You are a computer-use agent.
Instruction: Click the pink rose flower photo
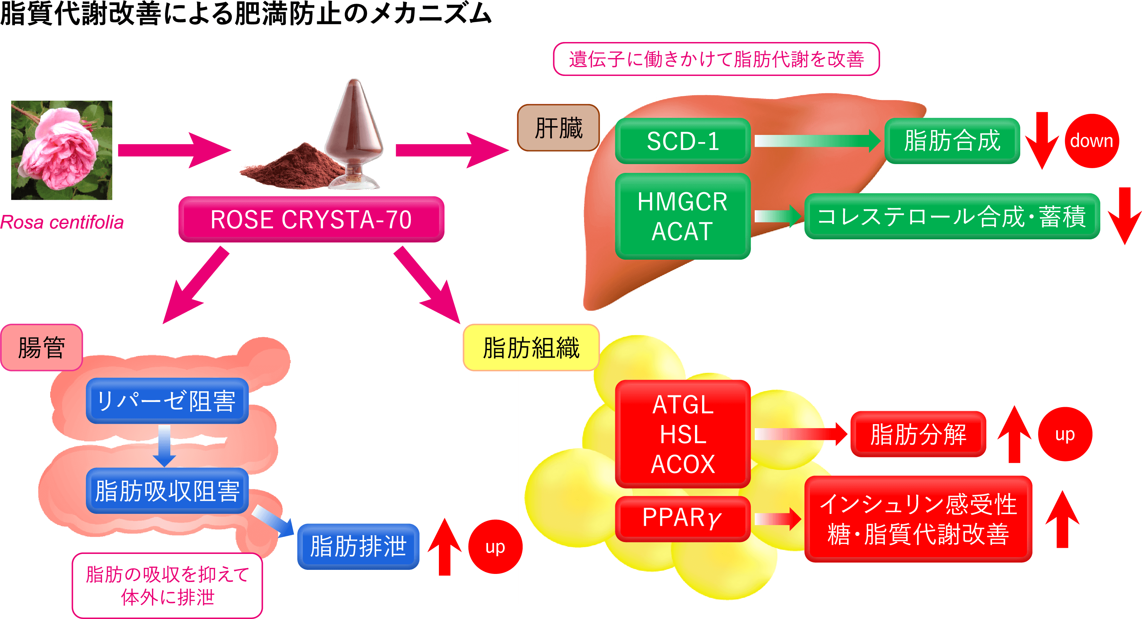(62, 150)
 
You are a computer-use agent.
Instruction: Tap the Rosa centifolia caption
(62, 222)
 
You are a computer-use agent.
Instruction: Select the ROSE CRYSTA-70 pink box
(311, 219)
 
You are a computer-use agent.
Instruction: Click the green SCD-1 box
(683, 141)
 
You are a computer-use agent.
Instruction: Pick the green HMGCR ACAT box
(683, 216)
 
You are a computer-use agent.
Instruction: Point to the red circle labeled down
(1091, 141)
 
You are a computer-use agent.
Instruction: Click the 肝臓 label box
(558, 128)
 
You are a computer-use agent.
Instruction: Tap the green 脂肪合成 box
(952, 141)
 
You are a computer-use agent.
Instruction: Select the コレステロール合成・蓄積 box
(952, 216)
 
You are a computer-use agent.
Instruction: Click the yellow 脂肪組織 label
(531, 347)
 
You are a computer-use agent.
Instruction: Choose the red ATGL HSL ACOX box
(683, 434)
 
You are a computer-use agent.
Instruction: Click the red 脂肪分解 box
(918, 434)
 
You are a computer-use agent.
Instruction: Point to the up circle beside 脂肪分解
(1065, 434)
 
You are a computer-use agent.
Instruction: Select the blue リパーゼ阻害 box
(167, 401)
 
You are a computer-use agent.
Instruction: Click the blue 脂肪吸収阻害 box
(167, 491)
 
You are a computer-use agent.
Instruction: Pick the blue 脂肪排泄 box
(358, 546)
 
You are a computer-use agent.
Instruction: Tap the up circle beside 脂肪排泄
(495, 547)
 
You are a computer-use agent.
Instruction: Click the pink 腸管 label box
(42, 347)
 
